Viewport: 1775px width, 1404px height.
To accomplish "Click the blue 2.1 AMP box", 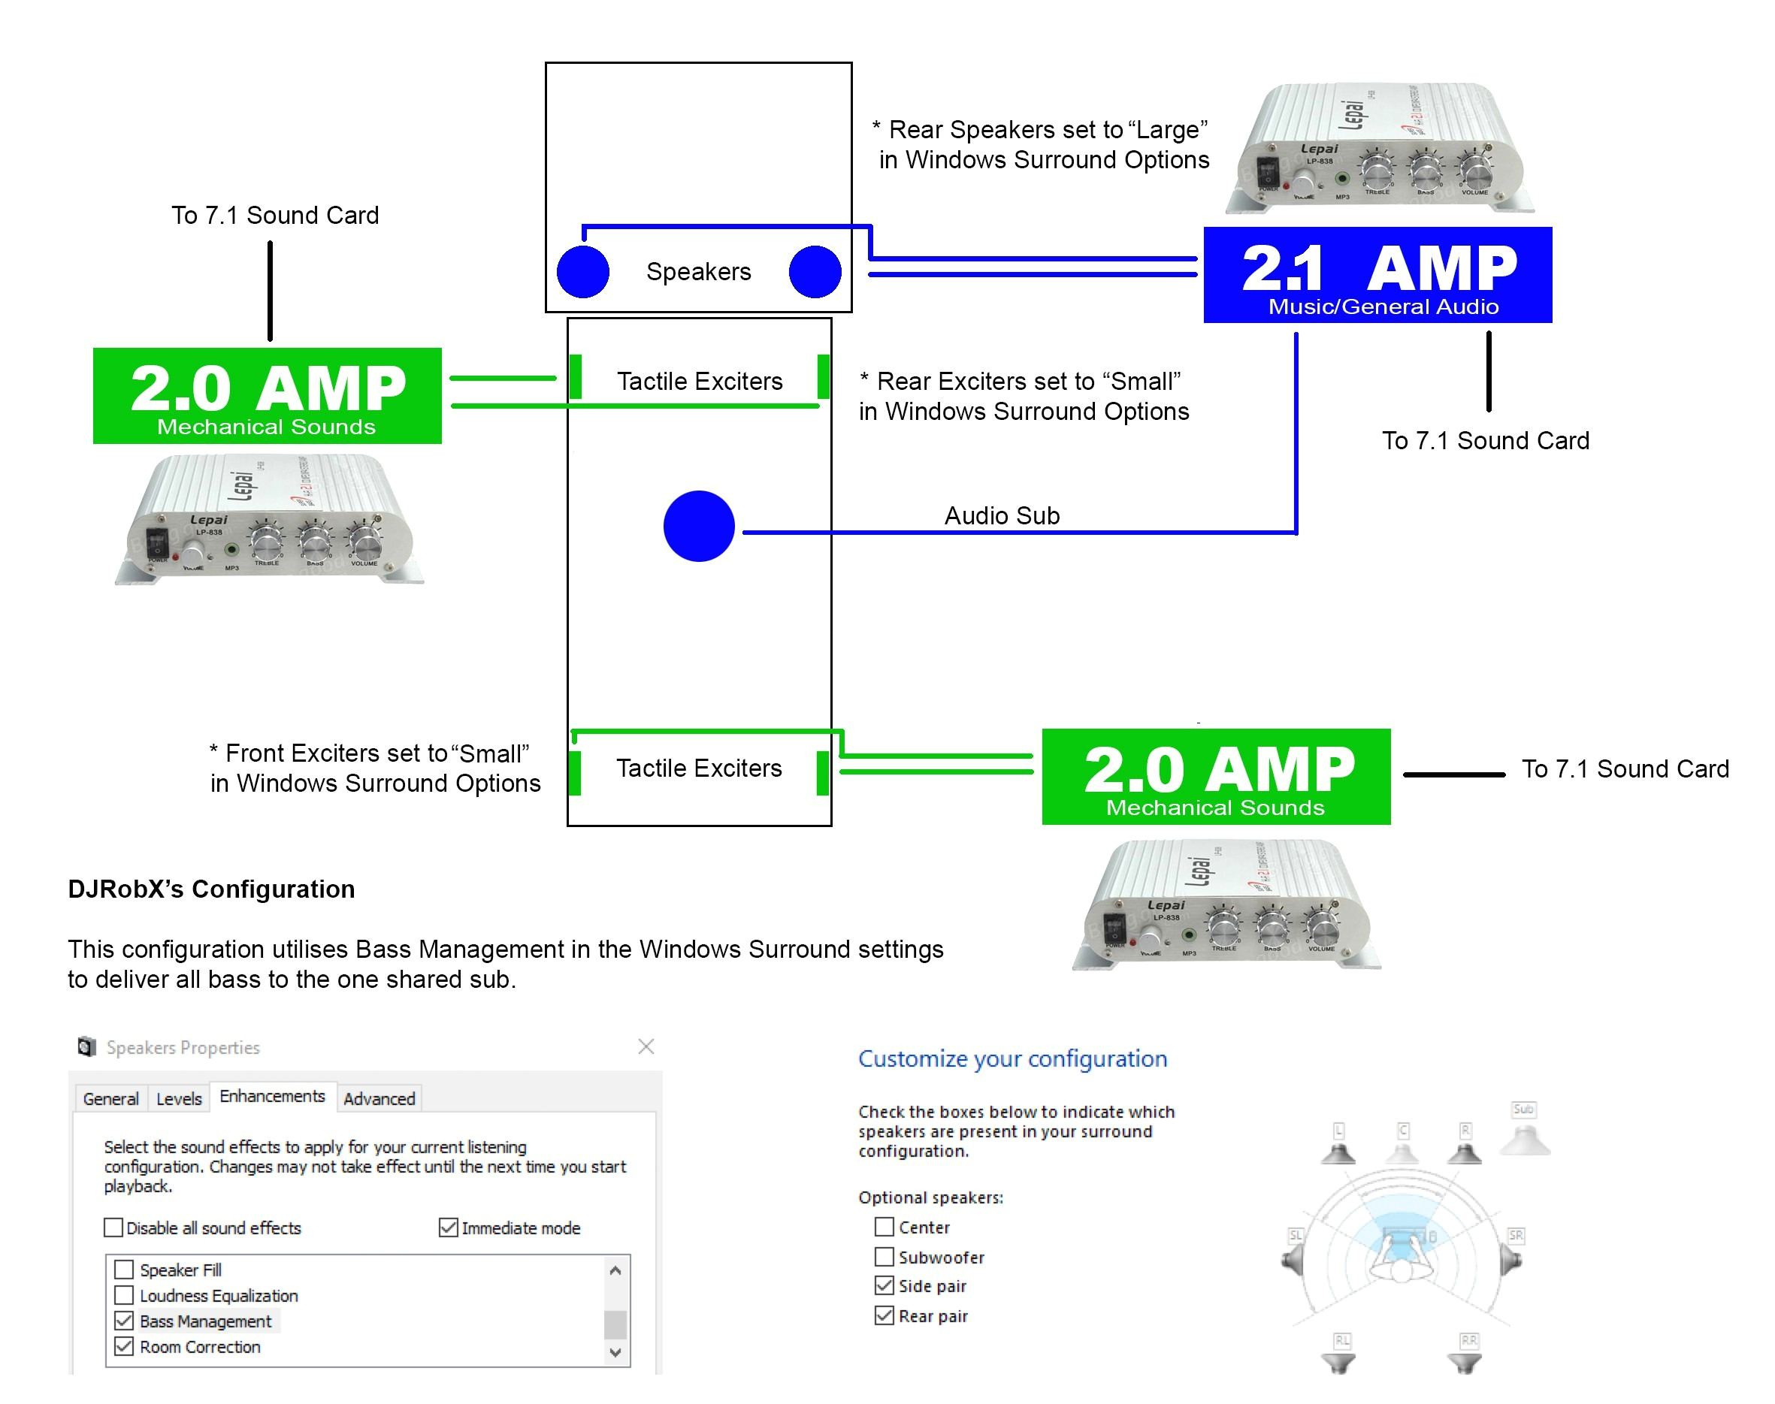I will [1377, 274].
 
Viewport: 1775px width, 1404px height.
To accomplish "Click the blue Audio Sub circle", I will [698, 526].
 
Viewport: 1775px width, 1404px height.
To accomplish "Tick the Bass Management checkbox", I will [124, 1321].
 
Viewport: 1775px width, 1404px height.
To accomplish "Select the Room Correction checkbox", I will [124, 1346].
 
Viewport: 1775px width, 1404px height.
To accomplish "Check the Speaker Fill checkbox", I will [124, 1270].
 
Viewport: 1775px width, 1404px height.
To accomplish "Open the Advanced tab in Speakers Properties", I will [379, 1098].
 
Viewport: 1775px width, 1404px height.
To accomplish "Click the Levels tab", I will [178, 1098].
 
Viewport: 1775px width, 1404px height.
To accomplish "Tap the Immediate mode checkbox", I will [448, 1227].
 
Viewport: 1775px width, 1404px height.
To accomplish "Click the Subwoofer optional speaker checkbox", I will [884, 1257].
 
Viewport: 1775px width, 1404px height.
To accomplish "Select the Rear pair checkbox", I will [884, 1315].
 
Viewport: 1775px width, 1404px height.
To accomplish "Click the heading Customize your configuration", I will [1012, 1058].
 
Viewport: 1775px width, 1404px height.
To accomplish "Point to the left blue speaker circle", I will [583, 272].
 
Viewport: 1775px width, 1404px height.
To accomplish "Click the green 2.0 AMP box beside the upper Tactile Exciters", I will [268, 395].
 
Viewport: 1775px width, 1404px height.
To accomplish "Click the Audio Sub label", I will [1002, 515].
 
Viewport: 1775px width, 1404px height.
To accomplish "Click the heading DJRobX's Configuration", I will [211, 889].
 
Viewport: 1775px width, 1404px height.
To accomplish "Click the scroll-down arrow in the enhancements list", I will [615, 1352].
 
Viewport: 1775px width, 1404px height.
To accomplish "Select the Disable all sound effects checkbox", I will [113, 1227].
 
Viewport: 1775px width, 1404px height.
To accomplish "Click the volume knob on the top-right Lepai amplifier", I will [1475, 171].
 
